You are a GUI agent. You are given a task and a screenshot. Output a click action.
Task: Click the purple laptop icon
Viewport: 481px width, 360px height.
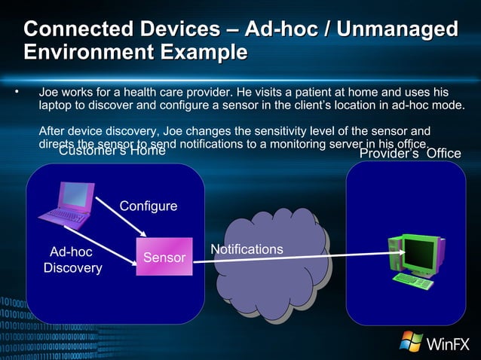point(69,205)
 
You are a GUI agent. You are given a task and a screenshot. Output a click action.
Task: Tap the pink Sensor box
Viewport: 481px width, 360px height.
point(164,258)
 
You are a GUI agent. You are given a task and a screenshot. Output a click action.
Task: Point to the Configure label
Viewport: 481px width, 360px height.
point(149,206)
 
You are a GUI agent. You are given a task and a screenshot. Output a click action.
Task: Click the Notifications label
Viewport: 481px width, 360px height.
point(247,249)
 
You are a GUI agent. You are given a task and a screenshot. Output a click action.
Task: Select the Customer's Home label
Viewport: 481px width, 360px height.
point(112,151)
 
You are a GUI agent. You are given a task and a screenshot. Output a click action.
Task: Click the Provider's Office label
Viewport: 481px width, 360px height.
point(409,154)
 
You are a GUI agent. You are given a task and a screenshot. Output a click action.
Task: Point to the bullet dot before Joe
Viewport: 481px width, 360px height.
point(15,92)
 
